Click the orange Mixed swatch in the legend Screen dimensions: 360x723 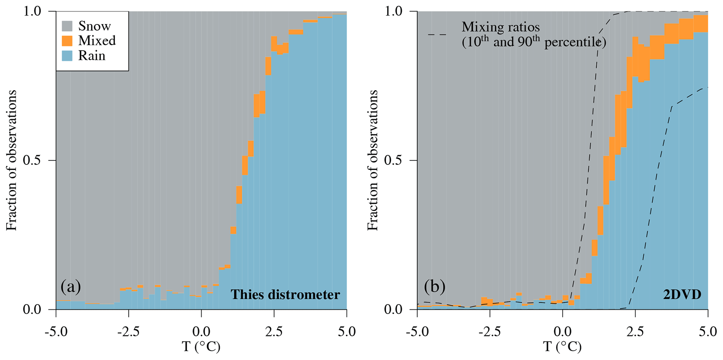coord(67,41)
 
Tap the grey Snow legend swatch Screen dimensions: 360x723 coord(67,26)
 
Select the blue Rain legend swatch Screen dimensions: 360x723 coord(67,56)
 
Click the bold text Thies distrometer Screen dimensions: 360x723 coord(285,295)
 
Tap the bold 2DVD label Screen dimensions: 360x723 coord(682,295)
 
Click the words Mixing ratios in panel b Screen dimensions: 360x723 coord(501,27)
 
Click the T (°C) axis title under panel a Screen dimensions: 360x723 coord(201,347)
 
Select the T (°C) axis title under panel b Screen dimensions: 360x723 coord(562,347)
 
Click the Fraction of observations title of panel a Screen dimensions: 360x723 coord(12,160)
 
